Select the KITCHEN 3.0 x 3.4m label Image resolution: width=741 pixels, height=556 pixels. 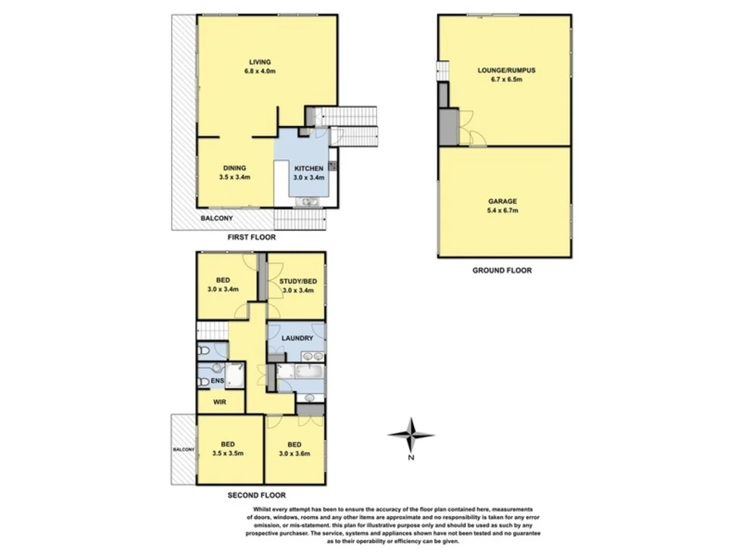click(x=308, y=172)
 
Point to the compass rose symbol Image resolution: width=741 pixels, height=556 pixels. click(x=410, y=435)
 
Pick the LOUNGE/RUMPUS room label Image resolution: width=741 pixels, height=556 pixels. click(x=501, y=71)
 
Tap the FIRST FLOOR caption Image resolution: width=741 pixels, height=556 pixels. click(x=252, y=237)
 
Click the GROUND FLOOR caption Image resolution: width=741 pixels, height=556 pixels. click(x=502, y=270)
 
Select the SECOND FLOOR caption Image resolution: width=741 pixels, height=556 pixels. click(x=256, y=495)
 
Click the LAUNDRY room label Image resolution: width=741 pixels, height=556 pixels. click(x=297, y=338)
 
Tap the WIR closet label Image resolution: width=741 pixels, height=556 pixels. click(x=219, y=402)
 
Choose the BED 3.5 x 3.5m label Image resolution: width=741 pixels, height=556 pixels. click(x=226, y=449)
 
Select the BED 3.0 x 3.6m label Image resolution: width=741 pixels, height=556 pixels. click(x=294, y=449)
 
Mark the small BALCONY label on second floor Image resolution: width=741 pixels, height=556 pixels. click(x=184, y=450)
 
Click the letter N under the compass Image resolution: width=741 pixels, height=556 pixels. click(x=410, y=458)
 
